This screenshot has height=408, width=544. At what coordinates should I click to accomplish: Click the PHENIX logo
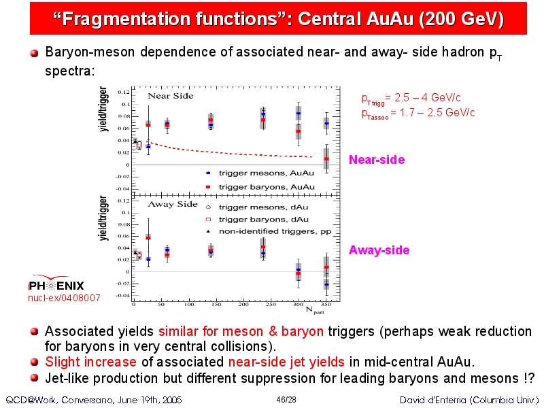[56, 283]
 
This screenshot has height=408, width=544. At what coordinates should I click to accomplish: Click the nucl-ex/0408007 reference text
[64, 298]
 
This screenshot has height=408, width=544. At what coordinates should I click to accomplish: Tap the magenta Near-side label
[377, 160]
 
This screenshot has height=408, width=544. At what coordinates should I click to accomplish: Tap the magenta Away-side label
[379, 250]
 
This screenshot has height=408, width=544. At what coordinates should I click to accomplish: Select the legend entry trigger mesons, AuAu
[260, 173]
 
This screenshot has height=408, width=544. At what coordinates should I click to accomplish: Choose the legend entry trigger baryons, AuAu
[260, 187]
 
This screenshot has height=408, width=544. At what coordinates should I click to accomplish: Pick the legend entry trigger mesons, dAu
[257, 207]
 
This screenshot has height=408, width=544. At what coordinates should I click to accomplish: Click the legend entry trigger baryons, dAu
[257, 219]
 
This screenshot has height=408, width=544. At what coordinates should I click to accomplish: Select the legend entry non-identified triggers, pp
[269, 231]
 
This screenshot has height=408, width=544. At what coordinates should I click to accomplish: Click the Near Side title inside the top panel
[171, 96]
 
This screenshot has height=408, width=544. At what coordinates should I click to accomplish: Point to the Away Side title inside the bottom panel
[173, 204]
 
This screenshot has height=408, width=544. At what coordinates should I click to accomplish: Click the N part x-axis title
[315, 310]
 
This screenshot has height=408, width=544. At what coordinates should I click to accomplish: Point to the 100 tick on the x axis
[189, 304]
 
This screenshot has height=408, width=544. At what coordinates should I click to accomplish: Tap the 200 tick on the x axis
[243, 304]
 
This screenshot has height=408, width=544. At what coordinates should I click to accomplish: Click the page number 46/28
[286, 400]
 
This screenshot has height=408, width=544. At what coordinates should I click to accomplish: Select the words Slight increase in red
[90, 362]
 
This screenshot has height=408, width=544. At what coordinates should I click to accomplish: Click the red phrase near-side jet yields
[286, 362]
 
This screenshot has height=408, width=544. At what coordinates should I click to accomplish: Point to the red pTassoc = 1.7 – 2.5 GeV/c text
[418, 113]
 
